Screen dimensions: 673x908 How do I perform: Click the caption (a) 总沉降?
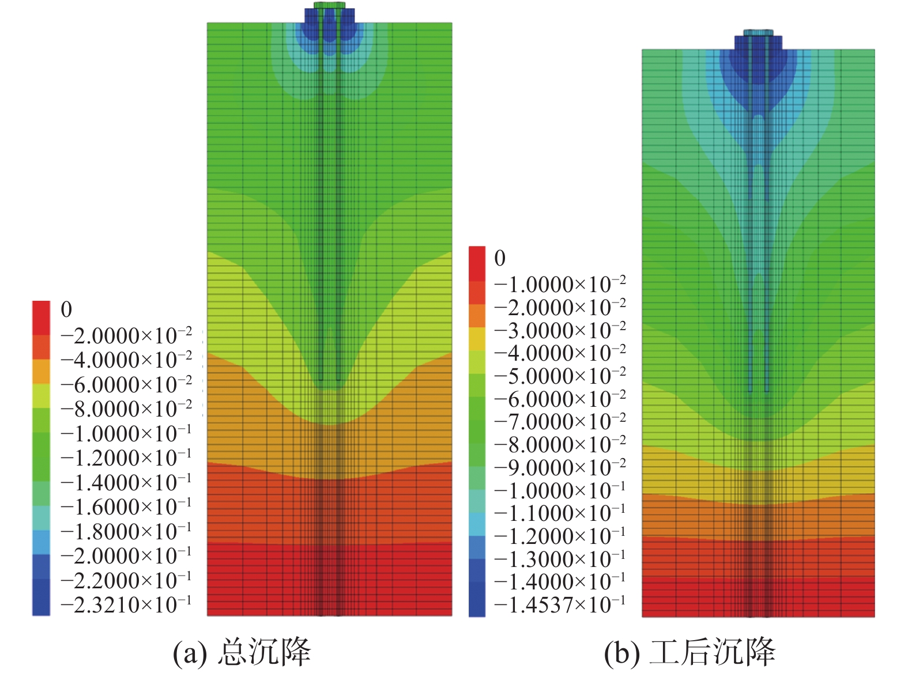242,652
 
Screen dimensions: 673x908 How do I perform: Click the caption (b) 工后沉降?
690,652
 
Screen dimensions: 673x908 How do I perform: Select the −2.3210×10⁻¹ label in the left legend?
126,604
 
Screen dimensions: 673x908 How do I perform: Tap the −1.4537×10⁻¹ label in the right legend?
559,604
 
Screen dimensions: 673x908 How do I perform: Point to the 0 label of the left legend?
66,309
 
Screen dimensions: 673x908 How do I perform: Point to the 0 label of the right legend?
500,258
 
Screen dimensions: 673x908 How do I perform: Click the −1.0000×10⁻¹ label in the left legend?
126,433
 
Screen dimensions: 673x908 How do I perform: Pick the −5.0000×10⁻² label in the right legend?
559,376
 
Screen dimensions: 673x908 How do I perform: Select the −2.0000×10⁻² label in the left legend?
126,335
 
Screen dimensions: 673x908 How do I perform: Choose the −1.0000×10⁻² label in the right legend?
559,284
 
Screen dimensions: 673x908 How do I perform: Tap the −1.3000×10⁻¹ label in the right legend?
559,559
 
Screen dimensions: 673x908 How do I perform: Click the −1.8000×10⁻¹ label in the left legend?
126,531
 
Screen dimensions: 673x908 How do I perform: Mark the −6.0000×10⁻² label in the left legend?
126,384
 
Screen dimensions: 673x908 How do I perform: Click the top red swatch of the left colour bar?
41,317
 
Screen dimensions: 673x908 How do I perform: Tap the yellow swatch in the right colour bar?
477,339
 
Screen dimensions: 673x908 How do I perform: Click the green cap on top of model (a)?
329,5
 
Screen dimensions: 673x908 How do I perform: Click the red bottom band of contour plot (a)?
329,579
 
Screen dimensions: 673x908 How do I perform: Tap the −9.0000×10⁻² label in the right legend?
559,467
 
